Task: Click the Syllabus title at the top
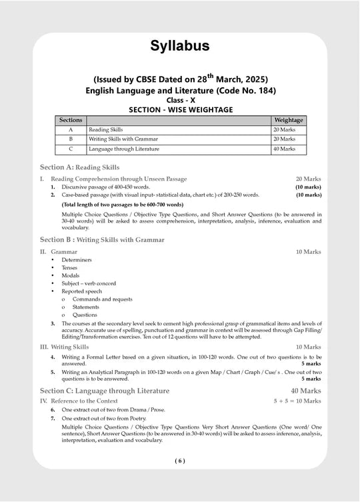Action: (179, 45)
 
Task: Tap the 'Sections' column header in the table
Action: (71, 120)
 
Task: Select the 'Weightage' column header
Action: (288, 120)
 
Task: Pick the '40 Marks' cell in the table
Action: (284, 149)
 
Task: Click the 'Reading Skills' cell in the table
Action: (105, 129)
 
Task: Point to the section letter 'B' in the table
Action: (71, 139)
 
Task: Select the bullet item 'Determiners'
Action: (77, 259)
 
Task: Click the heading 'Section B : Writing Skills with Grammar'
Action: (102, 239)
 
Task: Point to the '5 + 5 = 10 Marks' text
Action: (297, 401)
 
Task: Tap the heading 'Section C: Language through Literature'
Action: (104, 391)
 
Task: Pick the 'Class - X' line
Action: (180, 99)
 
